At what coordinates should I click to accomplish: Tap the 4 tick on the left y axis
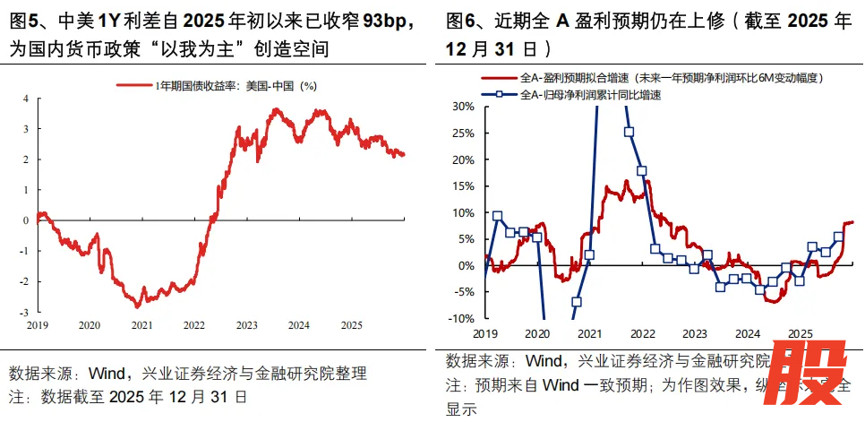click(26, 98)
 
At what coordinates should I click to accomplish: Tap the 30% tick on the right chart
click(462, 107)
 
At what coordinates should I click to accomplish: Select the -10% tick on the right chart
click(460, 318)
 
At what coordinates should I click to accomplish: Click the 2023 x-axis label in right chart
click(695, 332)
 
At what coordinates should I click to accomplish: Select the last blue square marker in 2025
click(838, 237)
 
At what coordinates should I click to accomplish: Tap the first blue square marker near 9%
click(498, 217)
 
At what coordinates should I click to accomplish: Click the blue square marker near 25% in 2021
click(629, 133)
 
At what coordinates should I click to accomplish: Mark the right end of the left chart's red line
click(404, 154)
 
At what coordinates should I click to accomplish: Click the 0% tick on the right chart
click(467, 265)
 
